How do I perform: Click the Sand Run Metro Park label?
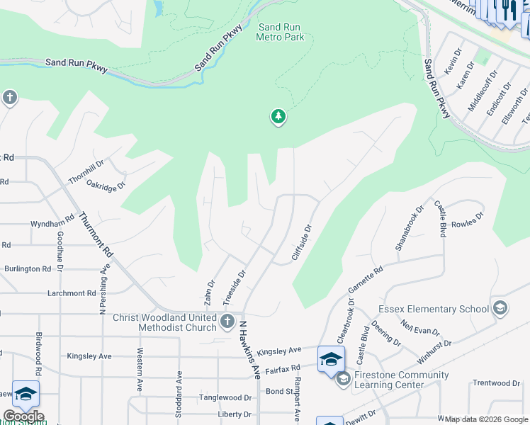click(x=281, y=32)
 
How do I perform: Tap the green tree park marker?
click(x=278, y=117)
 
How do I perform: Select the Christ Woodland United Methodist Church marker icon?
click(x=227, y=322)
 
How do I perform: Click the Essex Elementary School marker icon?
click(x=500, y=308)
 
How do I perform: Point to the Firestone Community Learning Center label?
click(x=401, y=380)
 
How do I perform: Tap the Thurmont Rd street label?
click(x=96, y=234)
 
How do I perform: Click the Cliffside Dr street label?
click(x=302, y=243)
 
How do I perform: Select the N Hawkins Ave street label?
click(x=249, y=349)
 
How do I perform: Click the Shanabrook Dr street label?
click(x=409, y=228)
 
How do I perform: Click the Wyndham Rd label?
click(x=52, y=222)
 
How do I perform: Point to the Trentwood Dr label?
click(x=496, y=383)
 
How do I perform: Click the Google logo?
click(x=23, y=416)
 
